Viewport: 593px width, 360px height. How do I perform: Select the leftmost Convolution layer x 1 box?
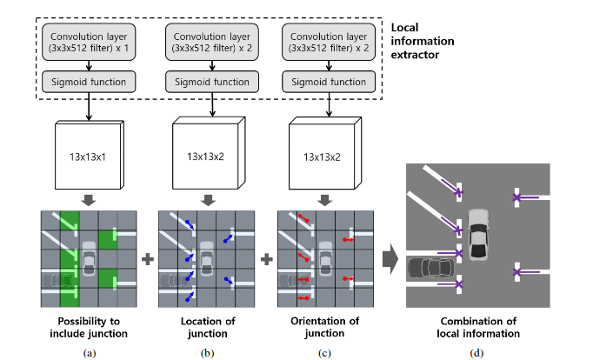click(89, 43)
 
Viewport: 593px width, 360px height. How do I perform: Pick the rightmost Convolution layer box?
click(329, 43)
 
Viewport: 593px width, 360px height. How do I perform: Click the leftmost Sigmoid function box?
click(89, 83)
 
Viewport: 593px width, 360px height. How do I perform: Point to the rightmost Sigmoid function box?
click(329, 83)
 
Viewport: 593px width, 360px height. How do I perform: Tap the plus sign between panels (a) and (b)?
click(147, 258)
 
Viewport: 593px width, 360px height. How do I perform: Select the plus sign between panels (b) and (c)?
click(266, 258)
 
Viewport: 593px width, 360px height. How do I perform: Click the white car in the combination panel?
click(479, 234)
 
